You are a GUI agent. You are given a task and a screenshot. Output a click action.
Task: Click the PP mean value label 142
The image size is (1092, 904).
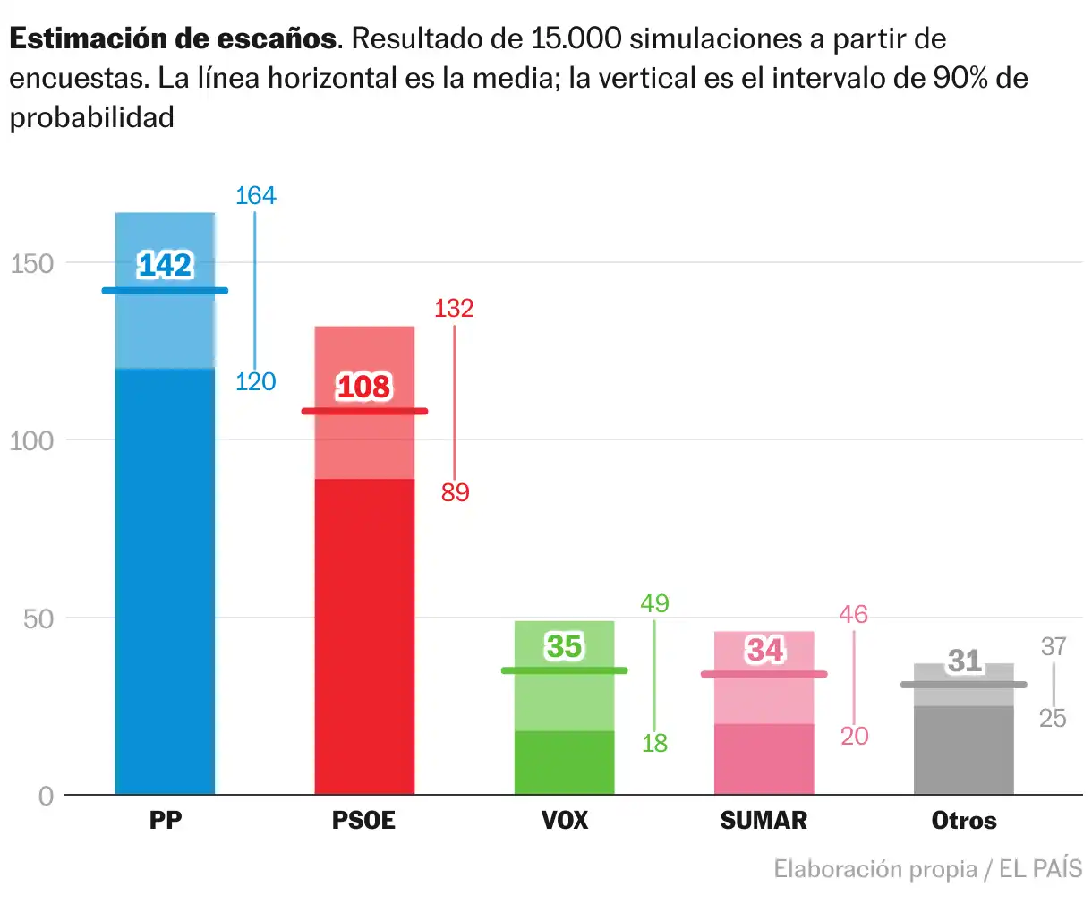tap(165, 265)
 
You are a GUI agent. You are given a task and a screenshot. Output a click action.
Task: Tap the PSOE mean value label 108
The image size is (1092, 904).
tap(363, 387)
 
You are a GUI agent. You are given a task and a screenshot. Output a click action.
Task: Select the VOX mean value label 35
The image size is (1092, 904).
tap(564, 646)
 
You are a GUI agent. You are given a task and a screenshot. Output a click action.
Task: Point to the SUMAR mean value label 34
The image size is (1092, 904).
tap(764, 650)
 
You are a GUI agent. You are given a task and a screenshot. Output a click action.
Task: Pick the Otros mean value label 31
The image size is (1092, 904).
tap(965, 661)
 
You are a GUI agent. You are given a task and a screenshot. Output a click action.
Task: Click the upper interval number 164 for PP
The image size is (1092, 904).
tap(255, 196)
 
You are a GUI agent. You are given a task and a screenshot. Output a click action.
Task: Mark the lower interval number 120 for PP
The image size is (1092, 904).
tap(255, 382)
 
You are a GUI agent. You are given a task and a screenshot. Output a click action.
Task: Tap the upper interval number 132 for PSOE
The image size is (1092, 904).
tap(454, 309)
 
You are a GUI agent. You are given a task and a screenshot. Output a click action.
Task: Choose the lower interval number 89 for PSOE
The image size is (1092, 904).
tap(455, 492)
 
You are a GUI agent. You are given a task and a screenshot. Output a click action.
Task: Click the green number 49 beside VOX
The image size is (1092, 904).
tap(654, 604)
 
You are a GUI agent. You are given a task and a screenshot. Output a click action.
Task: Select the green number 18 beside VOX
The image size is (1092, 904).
tap(654, 743)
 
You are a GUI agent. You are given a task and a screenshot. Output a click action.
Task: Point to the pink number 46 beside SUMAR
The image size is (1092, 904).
tap(854, 615)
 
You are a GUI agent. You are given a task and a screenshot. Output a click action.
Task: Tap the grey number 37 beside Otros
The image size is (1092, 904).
tap(1054, 646)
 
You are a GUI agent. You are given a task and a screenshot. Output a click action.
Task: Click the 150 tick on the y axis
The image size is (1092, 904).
tap(32, 264)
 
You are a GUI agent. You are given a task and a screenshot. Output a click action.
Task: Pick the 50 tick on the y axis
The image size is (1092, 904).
tap(38, 618)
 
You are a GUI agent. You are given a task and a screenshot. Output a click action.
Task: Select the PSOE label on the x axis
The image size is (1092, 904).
tap(363, 821)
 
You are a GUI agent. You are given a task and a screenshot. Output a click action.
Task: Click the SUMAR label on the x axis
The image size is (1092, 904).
tap(764, 821)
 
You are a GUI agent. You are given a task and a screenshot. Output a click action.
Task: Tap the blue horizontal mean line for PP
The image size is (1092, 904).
tap(165, 291)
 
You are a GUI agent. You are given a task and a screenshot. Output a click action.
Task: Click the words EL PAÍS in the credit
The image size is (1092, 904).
tap(1040, 869)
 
